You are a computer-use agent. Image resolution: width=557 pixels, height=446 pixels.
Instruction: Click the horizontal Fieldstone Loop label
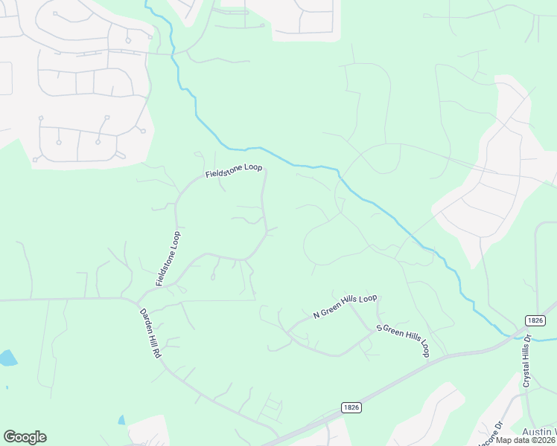point(235,172)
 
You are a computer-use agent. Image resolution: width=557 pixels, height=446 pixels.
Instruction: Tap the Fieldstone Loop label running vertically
point(168,259)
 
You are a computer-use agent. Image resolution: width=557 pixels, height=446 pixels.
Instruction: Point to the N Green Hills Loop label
point(346,306)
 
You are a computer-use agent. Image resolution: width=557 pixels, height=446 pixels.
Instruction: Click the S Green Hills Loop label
point(404,340)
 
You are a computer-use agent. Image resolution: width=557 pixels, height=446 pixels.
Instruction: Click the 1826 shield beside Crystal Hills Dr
point(535,320)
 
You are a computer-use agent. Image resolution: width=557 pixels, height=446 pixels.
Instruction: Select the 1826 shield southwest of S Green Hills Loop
point(352,407)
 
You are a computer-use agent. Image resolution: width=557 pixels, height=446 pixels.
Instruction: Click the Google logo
point(25,437)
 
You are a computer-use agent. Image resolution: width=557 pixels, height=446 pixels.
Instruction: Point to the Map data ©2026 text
point(525,440)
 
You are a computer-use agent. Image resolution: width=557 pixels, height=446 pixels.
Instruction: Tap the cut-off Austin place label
point(541,432)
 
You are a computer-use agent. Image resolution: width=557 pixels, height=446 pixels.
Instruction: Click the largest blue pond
point(7,358)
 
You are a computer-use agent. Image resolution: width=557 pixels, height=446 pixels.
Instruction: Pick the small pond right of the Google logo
point(121,420)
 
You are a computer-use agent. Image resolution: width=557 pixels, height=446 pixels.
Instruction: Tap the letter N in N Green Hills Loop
point(316,315)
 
